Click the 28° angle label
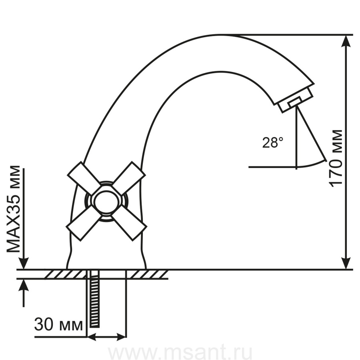click(x=272, y=142)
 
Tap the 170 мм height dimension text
click(x=336, y=158)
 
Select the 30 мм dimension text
click(x=58, y=324)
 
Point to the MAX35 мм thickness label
click(x=13, y=209)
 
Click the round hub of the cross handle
click(x=106, y=201)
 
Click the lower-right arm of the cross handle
click(x=129, y=226)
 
